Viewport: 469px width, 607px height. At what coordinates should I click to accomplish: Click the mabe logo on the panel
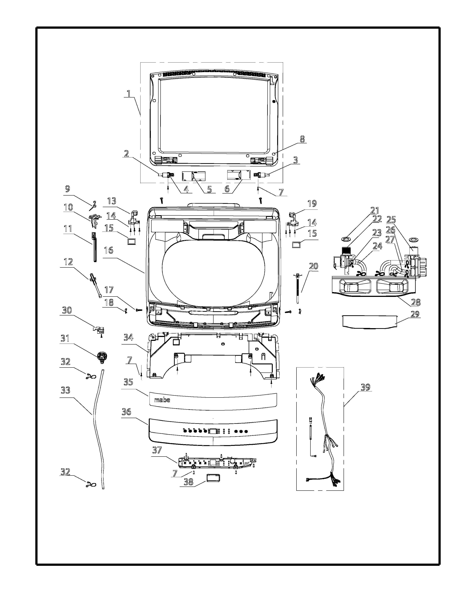162,400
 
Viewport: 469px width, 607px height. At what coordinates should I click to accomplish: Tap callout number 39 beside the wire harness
365,387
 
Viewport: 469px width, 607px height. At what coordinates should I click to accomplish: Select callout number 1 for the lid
128,93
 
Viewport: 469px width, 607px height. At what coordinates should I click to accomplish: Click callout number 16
109,250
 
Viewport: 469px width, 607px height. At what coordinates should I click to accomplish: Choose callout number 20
313,266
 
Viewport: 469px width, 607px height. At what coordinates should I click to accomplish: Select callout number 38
189,482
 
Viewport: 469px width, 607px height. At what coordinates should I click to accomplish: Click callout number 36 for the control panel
126,412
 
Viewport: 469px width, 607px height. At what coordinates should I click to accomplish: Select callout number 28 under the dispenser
416,302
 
